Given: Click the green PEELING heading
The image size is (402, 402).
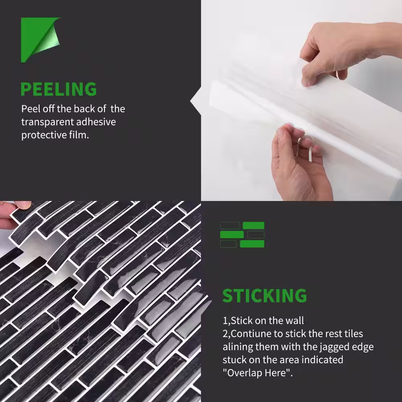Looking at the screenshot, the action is pos(58,89).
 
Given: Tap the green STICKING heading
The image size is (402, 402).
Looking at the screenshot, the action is pos(265,295).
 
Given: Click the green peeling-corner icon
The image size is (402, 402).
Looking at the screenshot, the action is pos(40,40).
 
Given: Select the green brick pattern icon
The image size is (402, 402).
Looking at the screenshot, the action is pos(242,235).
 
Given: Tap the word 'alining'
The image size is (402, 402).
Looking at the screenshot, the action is pos(238,347).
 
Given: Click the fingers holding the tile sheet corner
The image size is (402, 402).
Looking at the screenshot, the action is pos(14,214).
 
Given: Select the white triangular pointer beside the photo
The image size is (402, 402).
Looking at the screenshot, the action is pos(196,101).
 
